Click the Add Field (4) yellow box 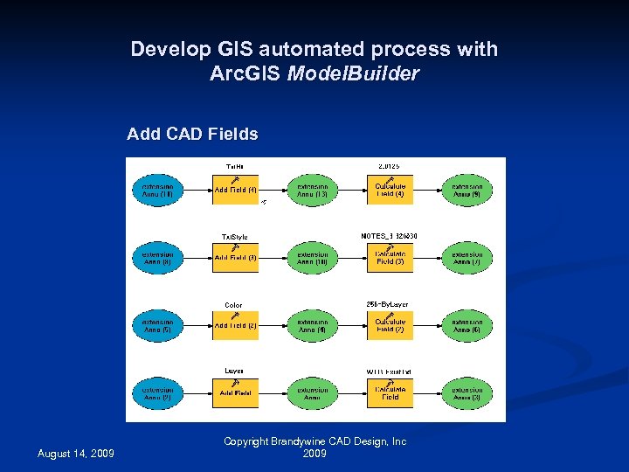click(236, 190)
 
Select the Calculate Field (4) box click(390, 190)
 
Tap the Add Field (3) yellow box click(236, 258)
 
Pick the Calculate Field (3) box click(390, 258)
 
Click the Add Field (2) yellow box click(236, 325)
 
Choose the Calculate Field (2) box click(390, 325)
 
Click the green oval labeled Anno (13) click(312, 191)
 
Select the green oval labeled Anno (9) click(467, 190)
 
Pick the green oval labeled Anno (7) click(467, 258)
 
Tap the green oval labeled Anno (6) click(467, 325)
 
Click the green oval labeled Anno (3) click(467, 393)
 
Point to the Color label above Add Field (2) click(233, 305)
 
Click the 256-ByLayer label click(387, 304)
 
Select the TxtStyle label click(234, 237)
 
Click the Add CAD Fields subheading click(192, 134)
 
